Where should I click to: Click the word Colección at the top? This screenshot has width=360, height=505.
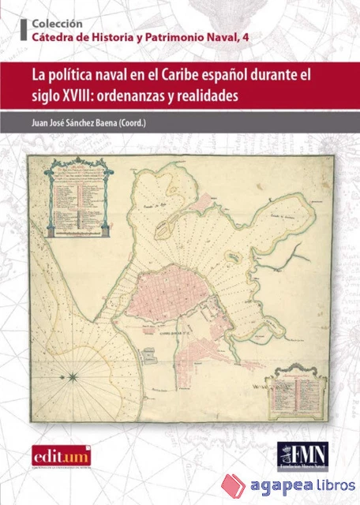pyautogui.click(x=58, y=23)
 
